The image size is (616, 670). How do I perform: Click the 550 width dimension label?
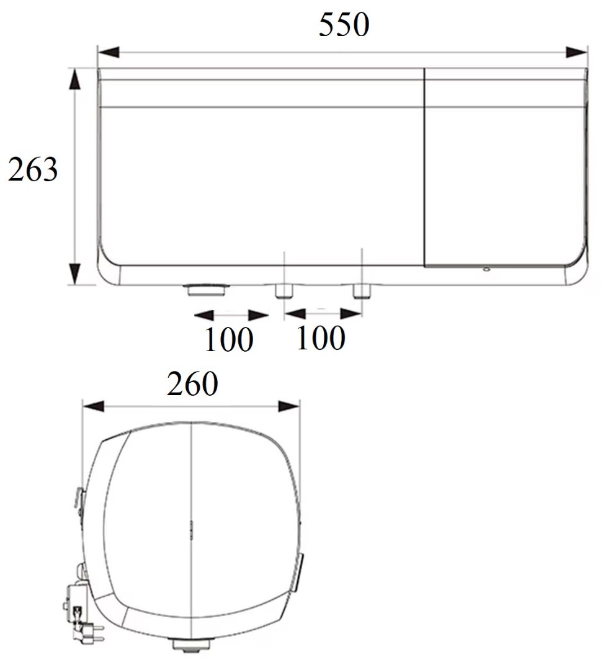click(344, 24)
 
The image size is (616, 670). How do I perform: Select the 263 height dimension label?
click(33, 169)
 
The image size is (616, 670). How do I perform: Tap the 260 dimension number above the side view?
click(192, 383)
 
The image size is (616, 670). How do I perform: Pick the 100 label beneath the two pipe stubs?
click(320, 337)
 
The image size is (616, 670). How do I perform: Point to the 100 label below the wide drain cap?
click(229, 339)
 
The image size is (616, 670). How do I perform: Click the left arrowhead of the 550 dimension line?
click(109, 53)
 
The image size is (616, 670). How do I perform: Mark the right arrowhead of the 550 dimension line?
click(576, 53)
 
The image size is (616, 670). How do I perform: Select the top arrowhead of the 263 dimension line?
click(75, 79)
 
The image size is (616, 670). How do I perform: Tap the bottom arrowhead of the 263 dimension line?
click(75, 274)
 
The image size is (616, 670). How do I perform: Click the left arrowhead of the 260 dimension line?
click(93, 406)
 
